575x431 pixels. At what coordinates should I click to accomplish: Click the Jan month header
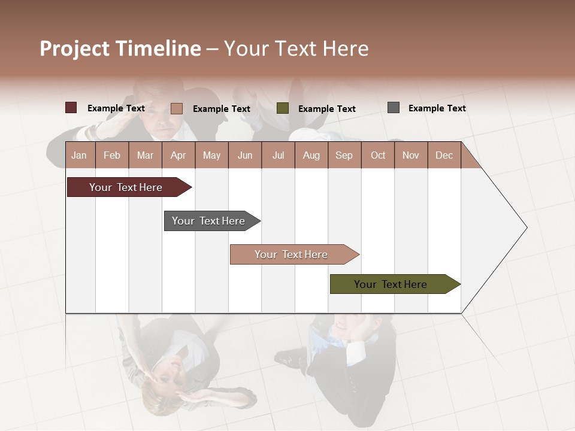point(79,155)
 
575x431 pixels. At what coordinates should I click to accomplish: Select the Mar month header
point(145,155)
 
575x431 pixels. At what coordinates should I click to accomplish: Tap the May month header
point(211,155)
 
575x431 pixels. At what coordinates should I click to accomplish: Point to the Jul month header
point(278,155)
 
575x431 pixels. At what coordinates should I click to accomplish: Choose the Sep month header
point(344,155)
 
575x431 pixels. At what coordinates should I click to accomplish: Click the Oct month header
point(378,155)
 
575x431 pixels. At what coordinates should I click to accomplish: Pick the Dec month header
point(444,155)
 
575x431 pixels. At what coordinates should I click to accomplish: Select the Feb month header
point(112,155)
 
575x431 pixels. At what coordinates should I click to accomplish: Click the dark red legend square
point(71,108)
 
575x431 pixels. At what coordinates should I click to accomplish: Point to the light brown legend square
point(177,108)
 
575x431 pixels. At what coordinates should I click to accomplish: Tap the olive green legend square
point(283,108)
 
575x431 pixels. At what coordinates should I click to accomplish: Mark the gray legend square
point(394,108)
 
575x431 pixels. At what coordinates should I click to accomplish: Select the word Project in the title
point(75,48)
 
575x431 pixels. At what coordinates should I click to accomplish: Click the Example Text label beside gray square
point(437,108)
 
